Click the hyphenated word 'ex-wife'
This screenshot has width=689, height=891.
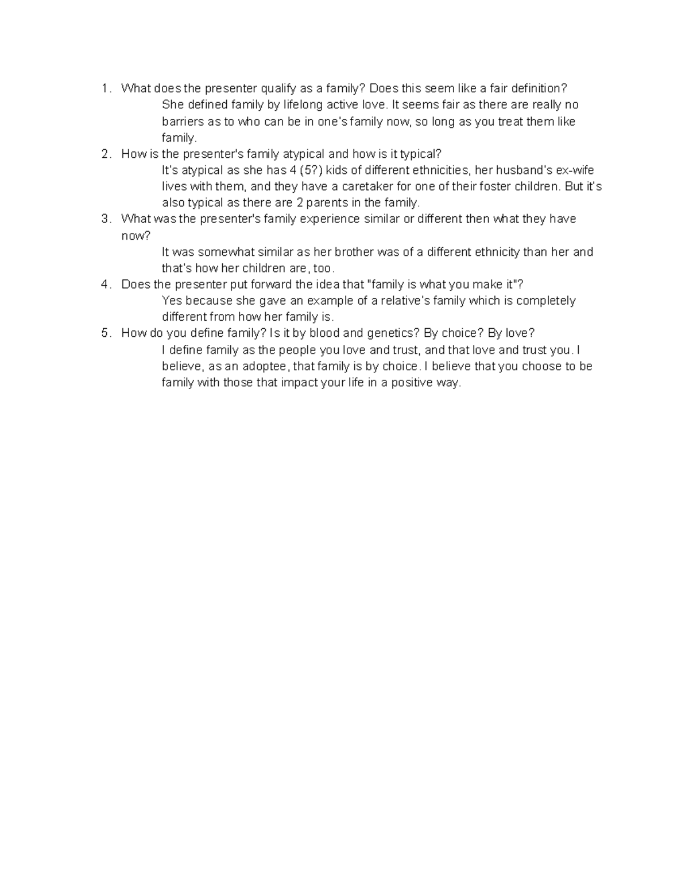click(575, 170)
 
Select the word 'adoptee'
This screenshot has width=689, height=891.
click(266, 366)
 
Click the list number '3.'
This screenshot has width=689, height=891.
click(105, 219)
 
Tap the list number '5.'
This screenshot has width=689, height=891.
click(105, 333)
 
